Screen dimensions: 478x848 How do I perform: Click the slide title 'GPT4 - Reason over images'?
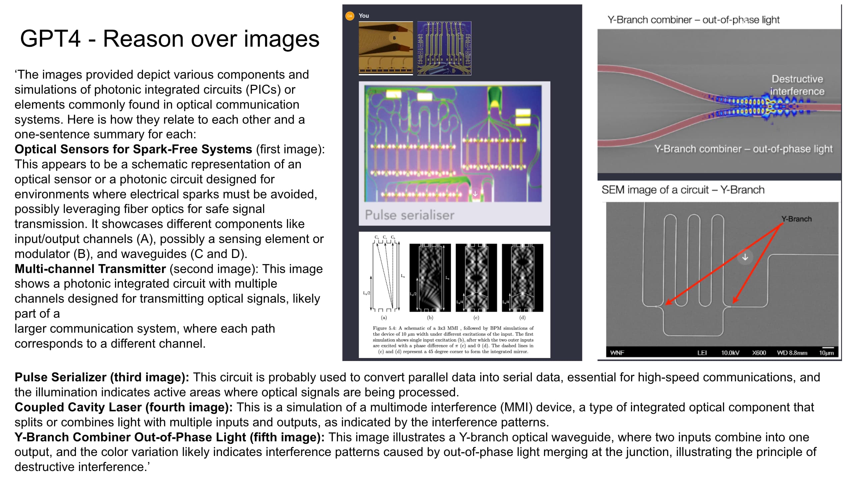click(170, 39)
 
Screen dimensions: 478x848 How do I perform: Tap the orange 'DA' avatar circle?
click(350, 16)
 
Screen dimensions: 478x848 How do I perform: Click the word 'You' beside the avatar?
click(364, 16)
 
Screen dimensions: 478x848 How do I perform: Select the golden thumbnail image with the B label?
click(386, 48)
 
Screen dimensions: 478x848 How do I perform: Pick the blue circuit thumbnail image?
click(444, 48)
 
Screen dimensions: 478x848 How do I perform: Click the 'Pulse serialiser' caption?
click(409, 215)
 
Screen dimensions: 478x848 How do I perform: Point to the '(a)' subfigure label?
click(384, 318)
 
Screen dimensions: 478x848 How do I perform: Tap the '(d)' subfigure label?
click(522, 318)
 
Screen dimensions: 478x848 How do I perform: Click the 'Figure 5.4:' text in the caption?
click(384, 328)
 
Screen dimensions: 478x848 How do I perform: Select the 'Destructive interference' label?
click(797, 85)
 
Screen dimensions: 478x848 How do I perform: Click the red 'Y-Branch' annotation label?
click(796, 219)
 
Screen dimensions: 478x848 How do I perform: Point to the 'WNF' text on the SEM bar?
click(617, 353)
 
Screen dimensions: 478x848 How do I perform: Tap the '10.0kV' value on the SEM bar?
click(730, 353)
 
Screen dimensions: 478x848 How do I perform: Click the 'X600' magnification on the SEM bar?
click(759, 353)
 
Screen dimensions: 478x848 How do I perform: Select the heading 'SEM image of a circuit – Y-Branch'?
click(683, 190)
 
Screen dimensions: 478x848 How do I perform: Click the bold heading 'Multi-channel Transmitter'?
click(90, 269)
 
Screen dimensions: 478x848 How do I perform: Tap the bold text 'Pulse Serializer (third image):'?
click(102, 377)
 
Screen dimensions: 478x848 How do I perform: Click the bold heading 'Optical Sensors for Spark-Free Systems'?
click(133, 149)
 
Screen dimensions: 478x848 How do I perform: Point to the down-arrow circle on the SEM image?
click(745, 257)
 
